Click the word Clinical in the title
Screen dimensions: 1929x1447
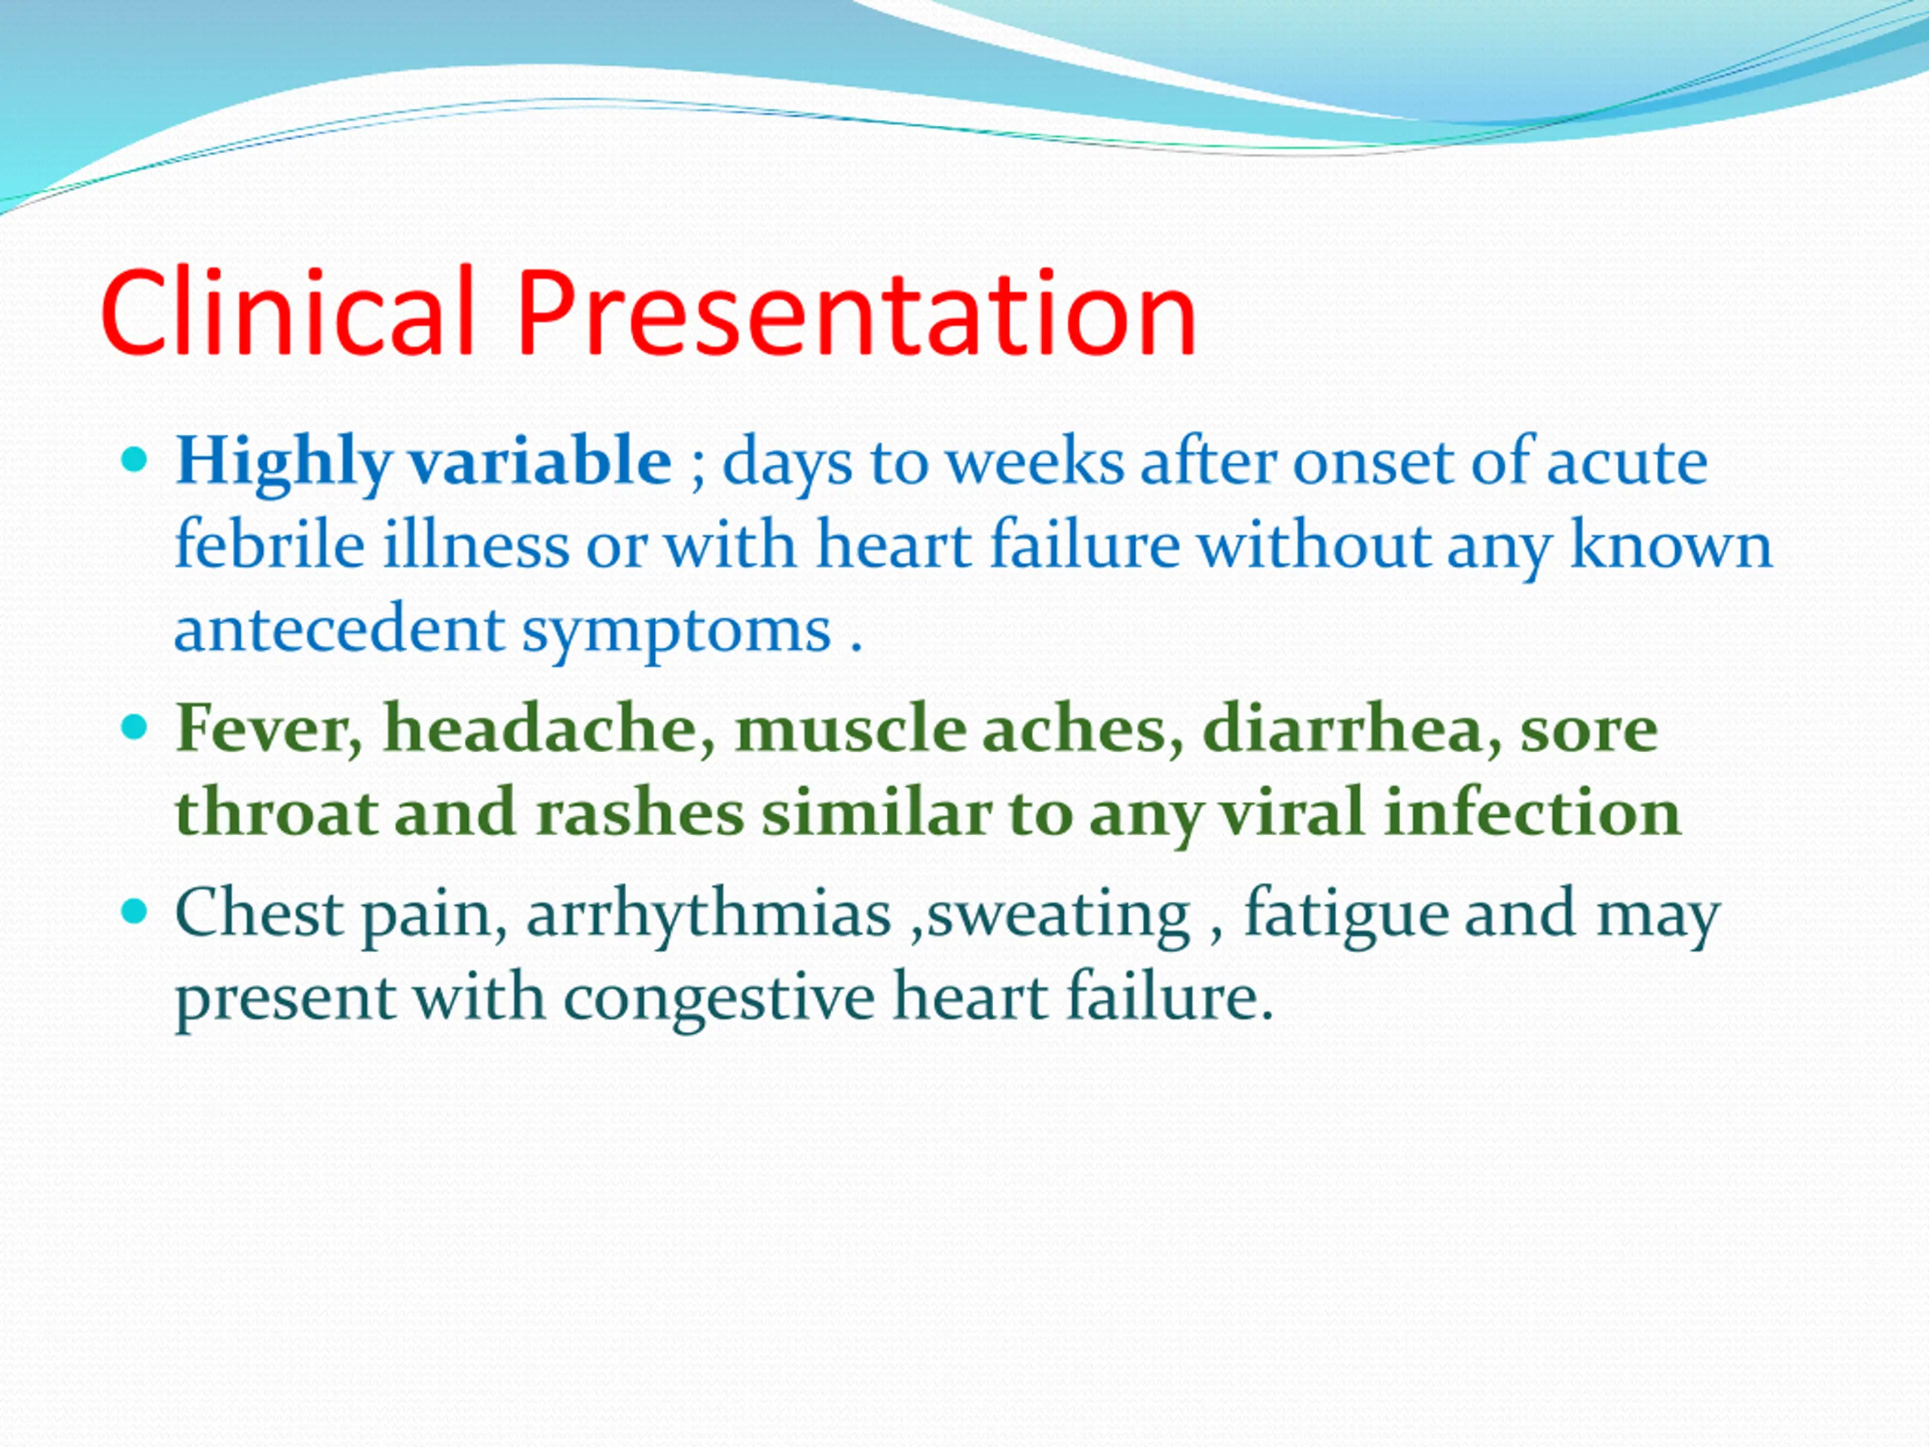(x=287, y=311)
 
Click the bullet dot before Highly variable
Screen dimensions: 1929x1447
(x=135, y=460)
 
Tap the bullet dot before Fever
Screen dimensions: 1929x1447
(x=135, y=727)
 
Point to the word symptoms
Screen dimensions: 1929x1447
(x=677, y=633)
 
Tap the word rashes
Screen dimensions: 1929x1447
(x=639, y=811)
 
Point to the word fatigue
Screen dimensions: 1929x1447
(x=1344, y=916)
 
